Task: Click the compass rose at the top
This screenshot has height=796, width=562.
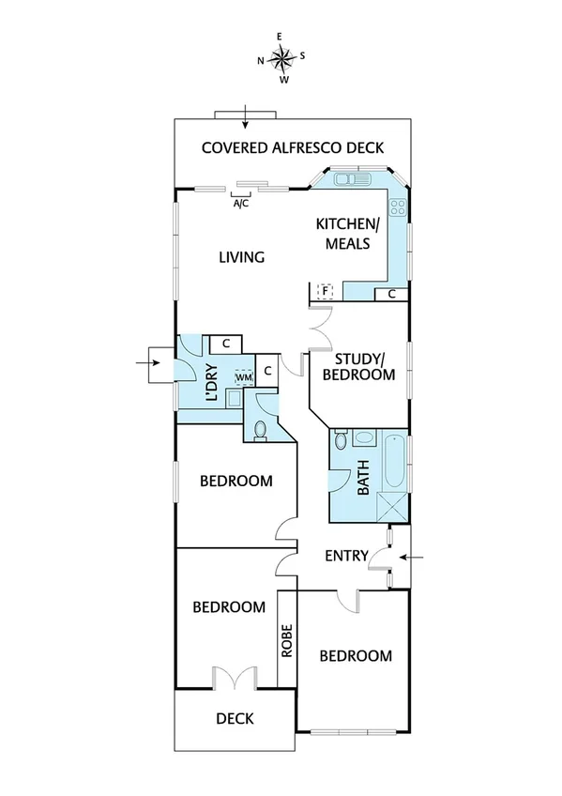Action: pos(281,59)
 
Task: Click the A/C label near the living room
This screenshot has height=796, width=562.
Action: pos(240,204)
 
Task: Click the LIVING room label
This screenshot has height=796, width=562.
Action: pos(242,257)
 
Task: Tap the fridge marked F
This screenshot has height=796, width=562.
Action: pos(325,291)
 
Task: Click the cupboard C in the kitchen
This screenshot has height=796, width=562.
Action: pos(391,294)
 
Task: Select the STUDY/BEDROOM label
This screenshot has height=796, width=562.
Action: pos(357,366)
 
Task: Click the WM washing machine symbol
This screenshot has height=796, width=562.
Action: pos(243,377)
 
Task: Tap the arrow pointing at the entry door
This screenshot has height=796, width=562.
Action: pos(413,558)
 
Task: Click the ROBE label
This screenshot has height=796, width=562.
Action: pos(286,640)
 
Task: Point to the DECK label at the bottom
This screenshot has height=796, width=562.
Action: pos(235,719)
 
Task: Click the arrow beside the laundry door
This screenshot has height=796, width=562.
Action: pos(149,360)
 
